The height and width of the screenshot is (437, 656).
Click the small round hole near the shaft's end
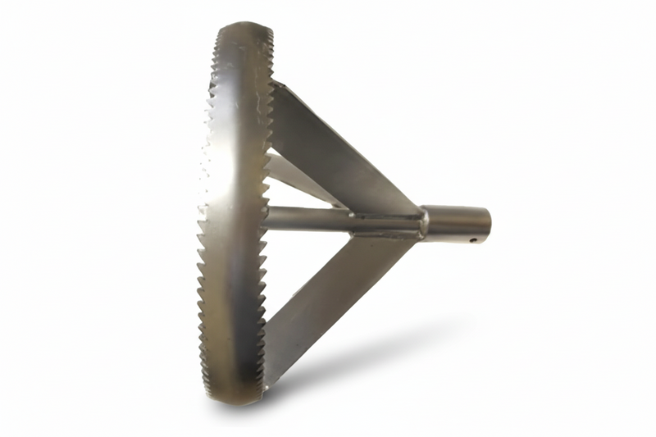475,241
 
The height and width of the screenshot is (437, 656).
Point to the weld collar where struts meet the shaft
423,221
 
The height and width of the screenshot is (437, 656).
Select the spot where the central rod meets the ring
267,219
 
